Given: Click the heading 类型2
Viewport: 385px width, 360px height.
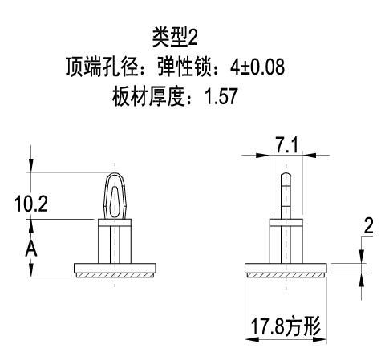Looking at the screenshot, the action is [175, 38].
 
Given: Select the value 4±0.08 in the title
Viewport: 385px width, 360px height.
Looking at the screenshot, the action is [257, 67].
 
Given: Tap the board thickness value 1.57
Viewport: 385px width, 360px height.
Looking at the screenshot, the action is [221, 96].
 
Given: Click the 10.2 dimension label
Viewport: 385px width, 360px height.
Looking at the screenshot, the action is [31, 204].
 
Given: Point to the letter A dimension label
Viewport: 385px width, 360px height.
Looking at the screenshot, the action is [31, 249].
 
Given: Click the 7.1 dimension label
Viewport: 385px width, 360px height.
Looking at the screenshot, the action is [286, 146].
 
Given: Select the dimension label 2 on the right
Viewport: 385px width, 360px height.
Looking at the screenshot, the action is [369, 226].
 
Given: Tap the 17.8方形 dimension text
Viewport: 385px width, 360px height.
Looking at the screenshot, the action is [286, 326].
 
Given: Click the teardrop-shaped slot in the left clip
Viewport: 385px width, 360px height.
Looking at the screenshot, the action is [115, 202].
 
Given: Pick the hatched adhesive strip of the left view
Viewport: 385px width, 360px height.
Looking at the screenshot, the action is [115, 275].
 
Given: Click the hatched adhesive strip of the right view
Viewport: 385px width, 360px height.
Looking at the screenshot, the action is [286, 275].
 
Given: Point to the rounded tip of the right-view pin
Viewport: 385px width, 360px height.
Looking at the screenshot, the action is [286, 174].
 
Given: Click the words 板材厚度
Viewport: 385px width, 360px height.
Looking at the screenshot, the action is [148, 96].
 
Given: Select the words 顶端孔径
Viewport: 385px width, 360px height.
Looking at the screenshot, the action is [102, 67].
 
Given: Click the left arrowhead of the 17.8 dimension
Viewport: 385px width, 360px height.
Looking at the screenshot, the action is [252, 339].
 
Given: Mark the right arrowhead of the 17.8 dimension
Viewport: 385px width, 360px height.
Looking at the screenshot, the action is [320, 339].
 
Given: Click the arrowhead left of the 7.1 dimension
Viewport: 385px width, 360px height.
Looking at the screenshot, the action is [262, 155].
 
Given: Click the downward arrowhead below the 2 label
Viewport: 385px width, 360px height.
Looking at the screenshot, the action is [362, 257].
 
